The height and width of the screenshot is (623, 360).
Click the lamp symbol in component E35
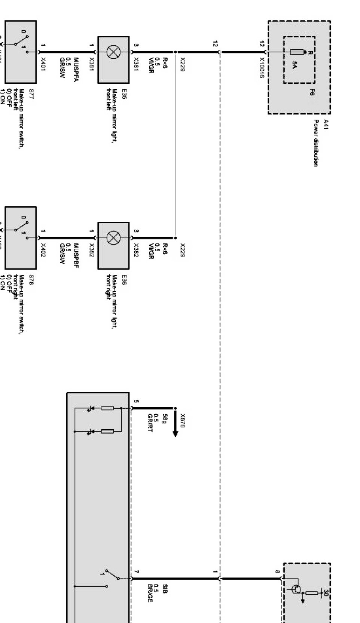[x=113, y=52]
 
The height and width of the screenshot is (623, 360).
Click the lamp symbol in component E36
[x=113, y=237]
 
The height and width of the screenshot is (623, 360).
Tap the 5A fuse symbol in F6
[x=296, y=52]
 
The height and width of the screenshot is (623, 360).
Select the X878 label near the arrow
[x=183, y=421]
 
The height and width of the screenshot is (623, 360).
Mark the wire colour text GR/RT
[x=150, y=423]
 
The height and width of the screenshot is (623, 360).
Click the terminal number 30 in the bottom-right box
[x=326, y=593]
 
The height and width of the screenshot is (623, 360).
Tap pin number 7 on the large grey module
[x=136, y=572]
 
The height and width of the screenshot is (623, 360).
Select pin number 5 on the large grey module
[x=136, y=402]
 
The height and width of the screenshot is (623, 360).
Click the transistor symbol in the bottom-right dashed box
[x=297, y=590]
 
